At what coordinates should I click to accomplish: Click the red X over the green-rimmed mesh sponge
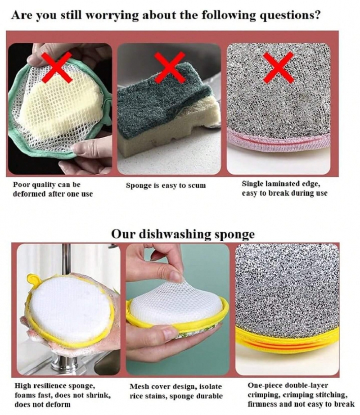[57, 68]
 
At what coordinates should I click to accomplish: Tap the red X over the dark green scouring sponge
[170, 68]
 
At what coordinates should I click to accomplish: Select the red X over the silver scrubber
[279, 68]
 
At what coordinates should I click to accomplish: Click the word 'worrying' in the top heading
[112, 16]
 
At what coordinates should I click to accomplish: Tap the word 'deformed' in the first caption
[29, 194]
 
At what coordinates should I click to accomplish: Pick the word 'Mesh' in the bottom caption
[138, 386]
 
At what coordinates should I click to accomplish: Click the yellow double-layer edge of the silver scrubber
[287, 342]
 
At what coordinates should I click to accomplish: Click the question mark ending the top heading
[317, 15]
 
